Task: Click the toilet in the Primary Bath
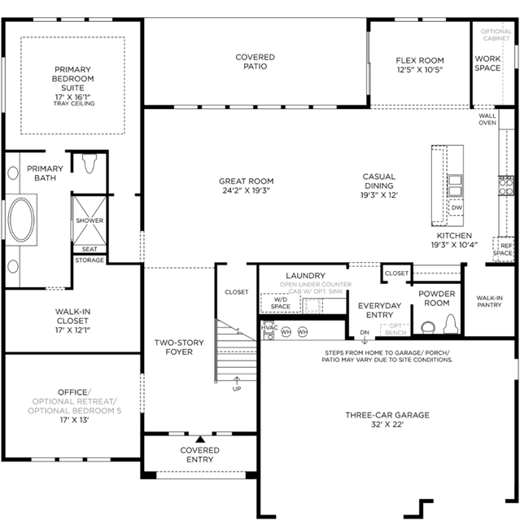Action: tap(90, 164)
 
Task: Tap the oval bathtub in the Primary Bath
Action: tap(21, 219)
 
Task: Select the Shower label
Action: tap(90, 221)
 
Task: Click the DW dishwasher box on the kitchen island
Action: tap(457, 208)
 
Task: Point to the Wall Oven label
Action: tap(487, 120)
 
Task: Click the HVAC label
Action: tap(269, 328)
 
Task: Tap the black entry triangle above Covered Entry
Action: tap(200, 439)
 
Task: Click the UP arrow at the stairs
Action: tap(237, 381)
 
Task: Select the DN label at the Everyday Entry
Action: tap(365, 332)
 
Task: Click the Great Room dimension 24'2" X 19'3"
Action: tap(246, 190)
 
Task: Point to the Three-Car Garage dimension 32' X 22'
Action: tap(387, 424)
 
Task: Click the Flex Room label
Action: tap(420, 60)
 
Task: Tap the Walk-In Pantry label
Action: tap(489, 301)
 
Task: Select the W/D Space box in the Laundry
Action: tap(281, 303)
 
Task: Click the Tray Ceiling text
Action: tap(74, 103)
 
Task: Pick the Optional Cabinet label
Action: tap(496, 35)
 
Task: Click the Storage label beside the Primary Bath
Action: tap(90, 260)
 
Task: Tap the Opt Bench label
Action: tap(395, 330)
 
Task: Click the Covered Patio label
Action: tap(255, 62)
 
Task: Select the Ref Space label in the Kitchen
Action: tap(503, 250)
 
